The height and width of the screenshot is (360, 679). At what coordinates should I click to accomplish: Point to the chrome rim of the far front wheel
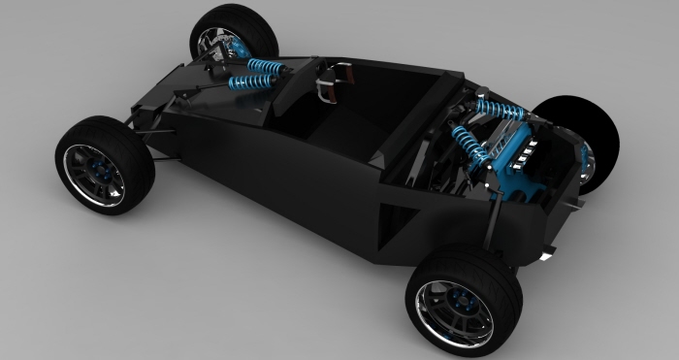click(x=210, y=42)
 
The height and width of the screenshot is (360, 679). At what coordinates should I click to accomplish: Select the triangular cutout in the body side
click(x=393, y=219)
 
